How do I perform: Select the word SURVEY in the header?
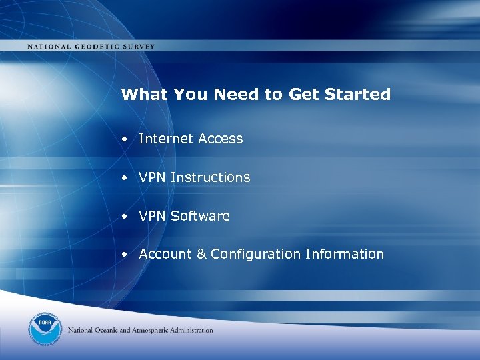(x=138, y=47)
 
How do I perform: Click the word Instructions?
(x=210, y=177)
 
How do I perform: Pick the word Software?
(x=200, y=216)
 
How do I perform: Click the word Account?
(x=163, y=254)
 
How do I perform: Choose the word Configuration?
(x=255, y=255)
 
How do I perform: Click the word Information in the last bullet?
(x=345, y=254)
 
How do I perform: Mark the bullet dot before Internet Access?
(x=125, y=139)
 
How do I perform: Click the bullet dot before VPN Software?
(x=125, y=217)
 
